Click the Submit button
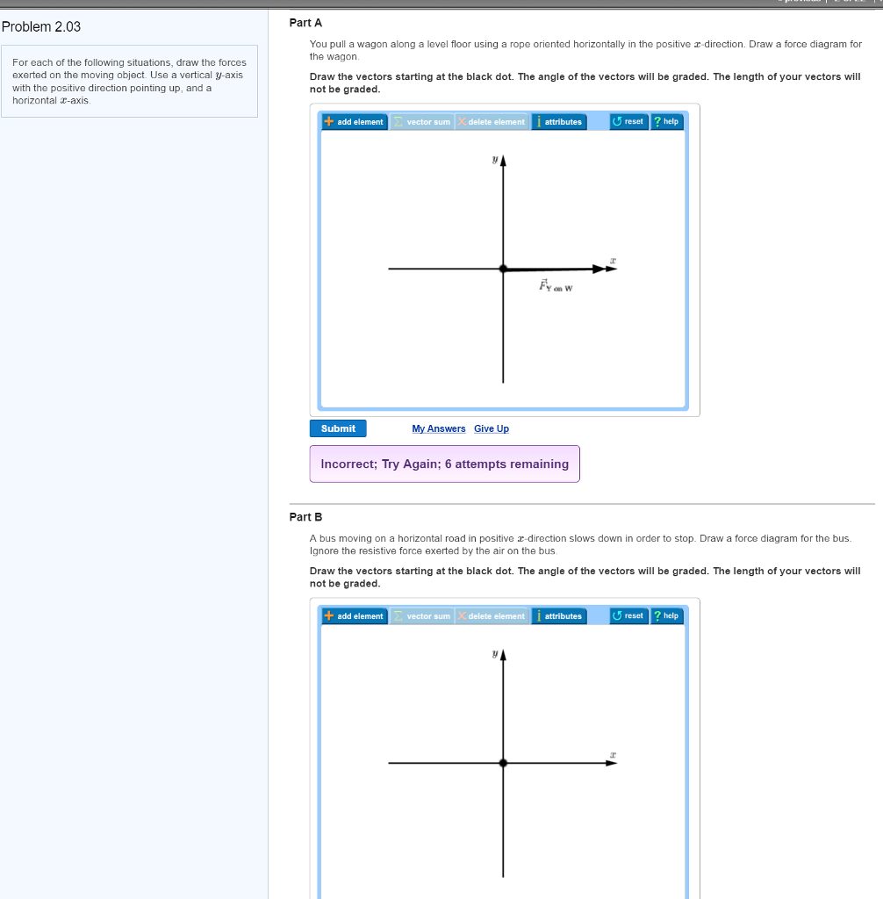pos(338,428)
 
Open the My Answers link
pos(439,428)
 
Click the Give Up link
pos(492,428)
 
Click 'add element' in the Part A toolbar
pos(355,122)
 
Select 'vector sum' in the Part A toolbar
pos(422,122)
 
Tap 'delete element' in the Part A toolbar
pos(492,122)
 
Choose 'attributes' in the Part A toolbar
pos(559,122)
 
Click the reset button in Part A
pos(628,121)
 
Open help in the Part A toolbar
pos(666,121)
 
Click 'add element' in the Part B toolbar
pos(355,616)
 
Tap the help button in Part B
pos(666,615)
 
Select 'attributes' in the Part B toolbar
pos(559,616)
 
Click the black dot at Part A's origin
pos(503,269)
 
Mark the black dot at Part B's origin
pos(503,763)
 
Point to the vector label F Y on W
pos(556,286)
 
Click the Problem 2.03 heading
pos(41,26)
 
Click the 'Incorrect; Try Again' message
pos(444,464)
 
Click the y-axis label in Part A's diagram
pos(494,161)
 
